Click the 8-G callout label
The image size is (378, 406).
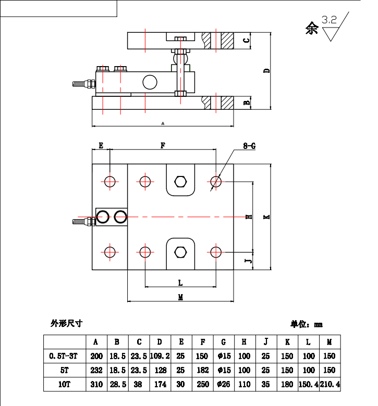(249, 146)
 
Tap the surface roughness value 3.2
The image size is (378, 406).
(329, 20)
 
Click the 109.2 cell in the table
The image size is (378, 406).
(160, 356)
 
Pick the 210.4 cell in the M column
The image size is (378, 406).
(329, 385)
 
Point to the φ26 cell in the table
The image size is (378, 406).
(224, 385)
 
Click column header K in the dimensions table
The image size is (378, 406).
(287, 342)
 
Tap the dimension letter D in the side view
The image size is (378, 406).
(266, 70)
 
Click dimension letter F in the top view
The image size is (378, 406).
(163, 146)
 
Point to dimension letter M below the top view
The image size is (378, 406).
(180, 297)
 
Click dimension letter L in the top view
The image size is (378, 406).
(180, 283)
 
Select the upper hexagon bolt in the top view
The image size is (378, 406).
(180, 181)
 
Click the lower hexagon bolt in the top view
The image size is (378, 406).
(180, 252)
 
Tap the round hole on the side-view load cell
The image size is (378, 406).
(150, 82)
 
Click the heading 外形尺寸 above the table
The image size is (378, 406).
(67, 323)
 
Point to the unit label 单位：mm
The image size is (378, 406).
(307, 324)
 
